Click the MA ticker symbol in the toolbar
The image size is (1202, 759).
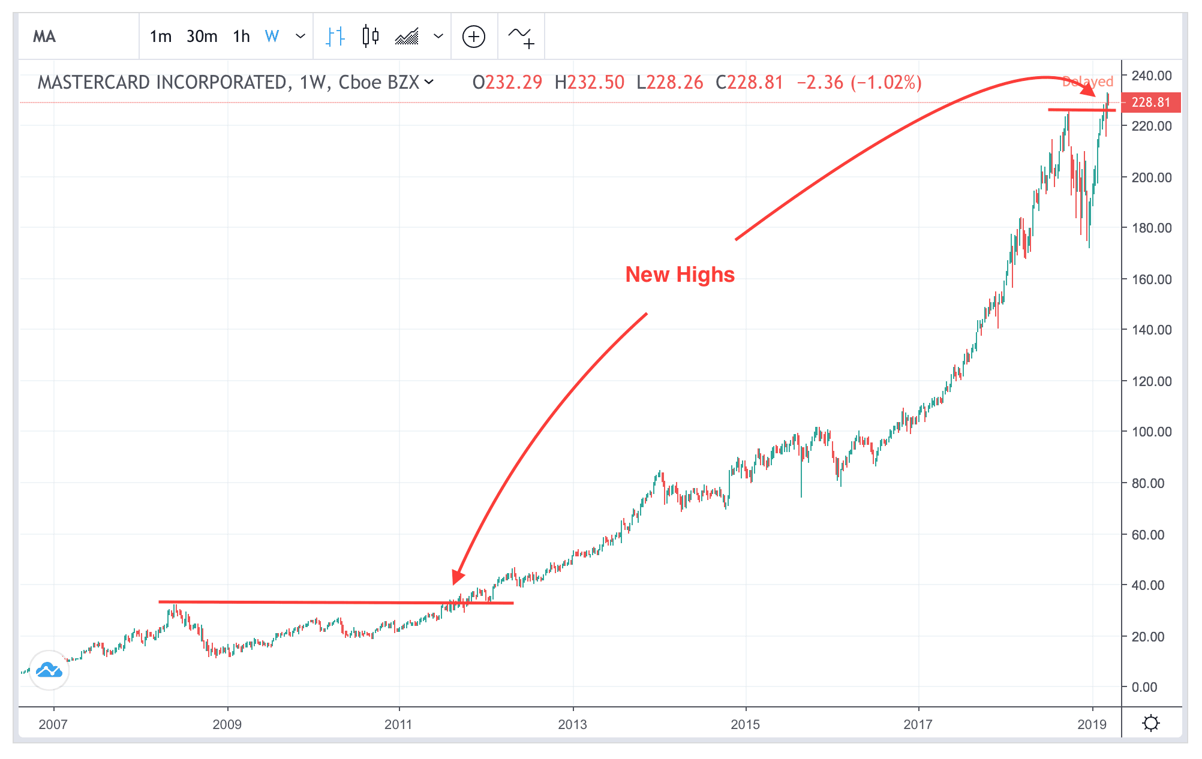44,37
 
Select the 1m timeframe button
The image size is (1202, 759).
160,37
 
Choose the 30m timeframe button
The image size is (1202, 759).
202,37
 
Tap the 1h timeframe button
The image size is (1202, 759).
241,37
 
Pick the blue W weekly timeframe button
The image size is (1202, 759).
272,37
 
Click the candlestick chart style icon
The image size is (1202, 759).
371,37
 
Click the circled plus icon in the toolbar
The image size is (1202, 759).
473,37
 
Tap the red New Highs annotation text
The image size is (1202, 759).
680,274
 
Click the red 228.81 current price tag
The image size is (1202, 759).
1150,103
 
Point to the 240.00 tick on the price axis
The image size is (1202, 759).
1151,76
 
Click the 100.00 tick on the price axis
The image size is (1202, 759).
1151,432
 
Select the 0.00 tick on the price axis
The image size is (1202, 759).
1144,687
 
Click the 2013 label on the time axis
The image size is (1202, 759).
572,724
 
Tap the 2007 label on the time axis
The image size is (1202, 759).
53,724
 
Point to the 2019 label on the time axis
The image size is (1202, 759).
1092,724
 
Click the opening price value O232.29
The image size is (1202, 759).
507,82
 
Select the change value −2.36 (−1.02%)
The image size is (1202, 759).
858,82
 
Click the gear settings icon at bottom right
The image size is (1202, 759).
1150,724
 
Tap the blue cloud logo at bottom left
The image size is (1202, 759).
49,670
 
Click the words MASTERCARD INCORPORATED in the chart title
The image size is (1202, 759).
162,82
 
